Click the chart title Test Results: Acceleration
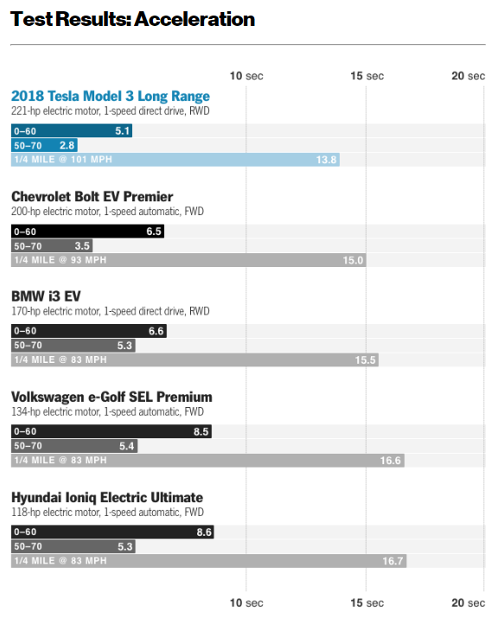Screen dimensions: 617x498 132,18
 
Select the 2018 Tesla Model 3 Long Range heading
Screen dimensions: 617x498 110,96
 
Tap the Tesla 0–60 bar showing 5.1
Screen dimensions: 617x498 71,130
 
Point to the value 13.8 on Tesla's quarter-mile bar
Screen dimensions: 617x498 325,160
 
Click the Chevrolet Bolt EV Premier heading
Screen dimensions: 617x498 92,196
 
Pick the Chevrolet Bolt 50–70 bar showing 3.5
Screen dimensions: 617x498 52,245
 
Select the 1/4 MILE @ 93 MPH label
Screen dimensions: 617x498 60,260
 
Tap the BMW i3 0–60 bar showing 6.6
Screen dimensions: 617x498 88,331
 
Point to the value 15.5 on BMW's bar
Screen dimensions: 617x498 365,360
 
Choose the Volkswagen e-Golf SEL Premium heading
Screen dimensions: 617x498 111,397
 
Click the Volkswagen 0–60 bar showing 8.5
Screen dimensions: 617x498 111,431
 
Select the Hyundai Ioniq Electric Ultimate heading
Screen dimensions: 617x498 106,497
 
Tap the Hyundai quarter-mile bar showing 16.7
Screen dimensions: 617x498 208,561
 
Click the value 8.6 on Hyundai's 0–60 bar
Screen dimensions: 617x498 204,531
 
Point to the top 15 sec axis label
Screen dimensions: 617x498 367,76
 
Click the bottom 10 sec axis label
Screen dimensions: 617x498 246,602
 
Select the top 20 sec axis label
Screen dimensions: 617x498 468,76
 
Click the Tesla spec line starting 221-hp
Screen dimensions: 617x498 110,111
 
